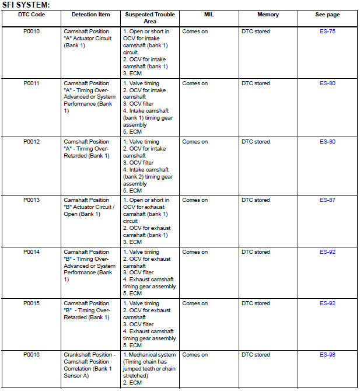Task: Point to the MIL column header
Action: pyautogui.click(x=209, y=15)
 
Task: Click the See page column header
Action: pyautogui.click(x=327, y=15)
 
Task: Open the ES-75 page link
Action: pyautogui.click(x=327, y=32)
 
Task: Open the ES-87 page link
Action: pyautogui.click(x=327, y=200)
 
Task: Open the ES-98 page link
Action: pyautogui.click(x=327, y=355)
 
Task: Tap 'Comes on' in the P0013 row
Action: pyautogui.click(x=195, y=200)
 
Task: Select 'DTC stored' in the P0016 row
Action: pyautogui.click(x=256, y=355)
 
